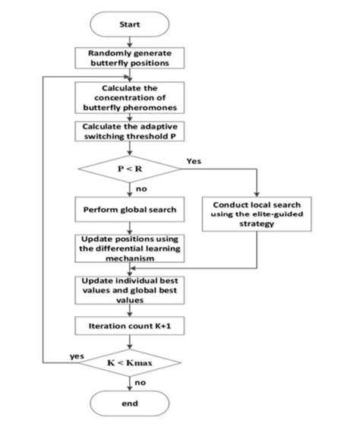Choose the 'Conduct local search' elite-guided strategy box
click(257, 212)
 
